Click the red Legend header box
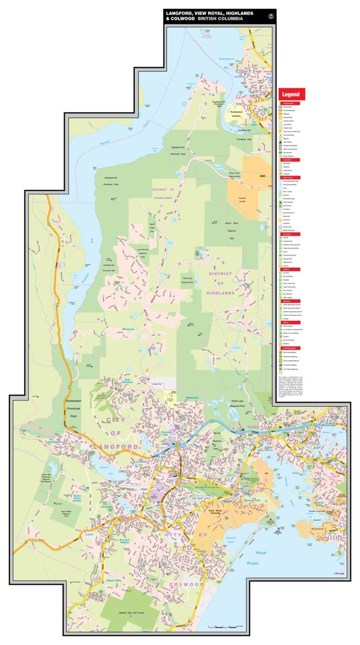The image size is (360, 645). coord(292,95)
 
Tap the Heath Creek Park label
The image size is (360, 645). coord(152,227)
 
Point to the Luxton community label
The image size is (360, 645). coord(88,535)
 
